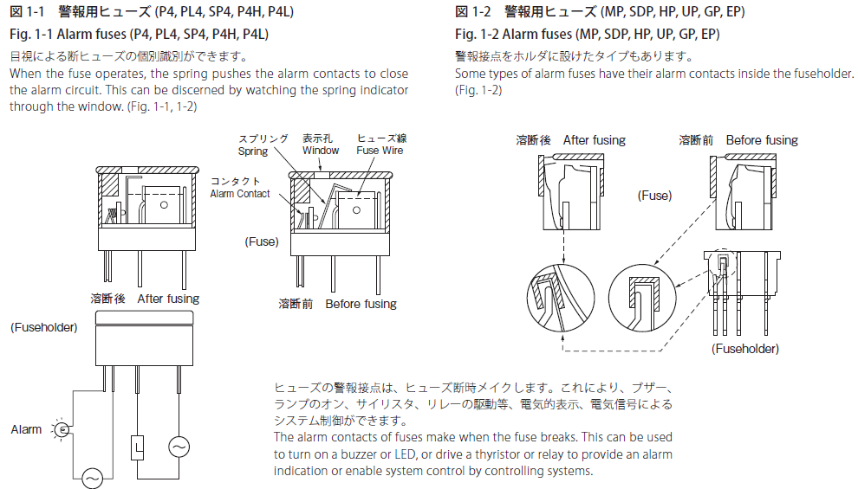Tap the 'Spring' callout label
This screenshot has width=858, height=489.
(x=254, y=151)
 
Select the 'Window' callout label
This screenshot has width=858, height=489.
(x=321, y=151)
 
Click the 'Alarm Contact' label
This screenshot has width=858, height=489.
(x=240, y=194)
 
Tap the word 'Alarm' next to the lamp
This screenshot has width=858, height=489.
(x=26, y=429)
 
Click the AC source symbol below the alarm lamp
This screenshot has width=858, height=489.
(x=91, y=476)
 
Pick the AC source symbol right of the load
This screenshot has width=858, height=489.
(x=179, y=447)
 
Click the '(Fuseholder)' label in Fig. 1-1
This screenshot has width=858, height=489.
(x=43, y=327)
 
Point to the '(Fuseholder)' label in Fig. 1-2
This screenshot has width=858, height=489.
(x=744, y=349)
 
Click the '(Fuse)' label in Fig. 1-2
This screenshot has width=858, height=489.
(x=654, y=196)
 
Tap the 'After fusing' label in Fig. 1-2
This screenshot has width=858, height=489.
(x=594, y=140)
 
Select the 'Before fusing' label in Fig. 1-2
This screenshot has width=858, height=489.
(x=762, y=140)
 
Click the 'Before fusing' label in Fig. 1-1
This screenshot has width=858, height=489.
(x=361, y=304)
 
